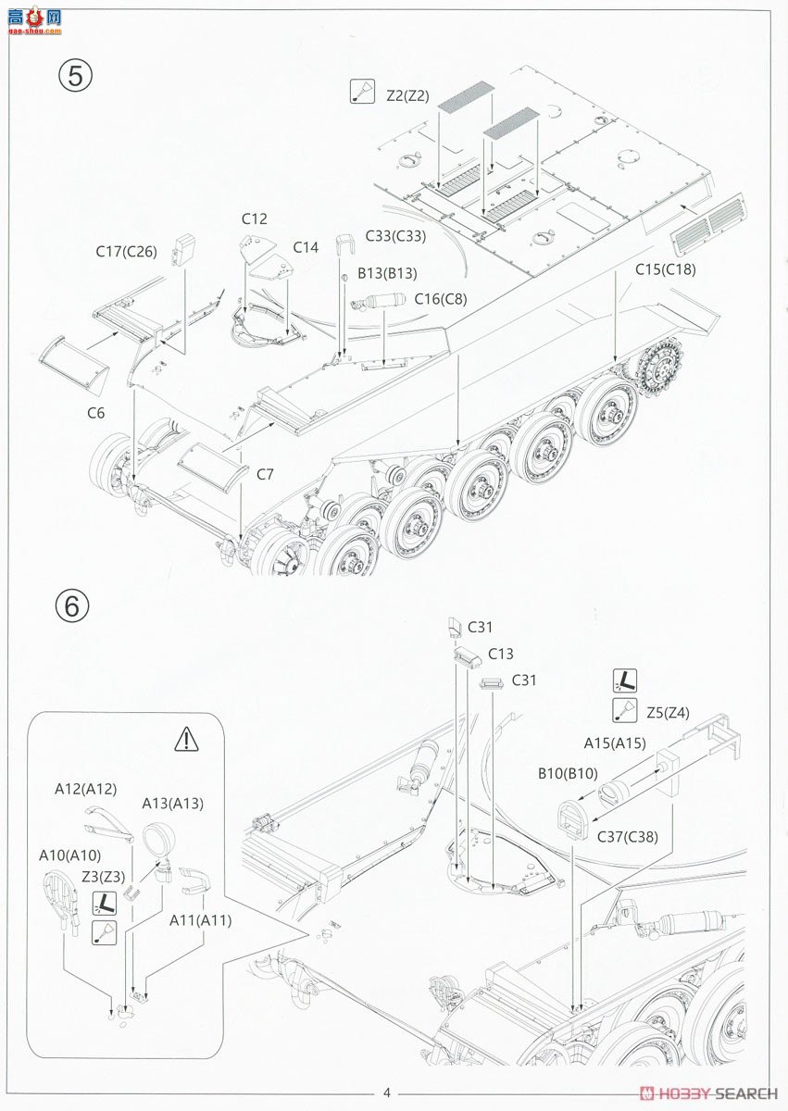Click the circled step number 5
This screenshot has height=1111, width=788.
click(75, 76)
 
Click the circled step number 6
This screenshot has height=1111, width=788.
click(72, 605)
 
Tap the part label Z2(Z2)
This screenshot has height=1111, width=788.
click(407, 95)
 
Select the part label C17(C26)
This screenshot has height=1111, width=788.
click(127, 252)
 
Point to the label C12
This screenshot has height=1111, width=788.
click(255, 218)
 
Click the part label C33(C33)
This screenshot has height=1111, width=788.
click(395, 235)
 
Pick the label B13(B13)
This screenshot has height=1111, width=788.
click(387, 273)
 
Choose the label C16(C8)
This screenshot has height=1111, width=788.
click(441, 299)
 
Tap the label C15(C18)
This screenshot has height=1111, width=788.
click(666, 269)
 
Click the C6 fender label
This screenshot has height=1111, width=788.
click(95, 413)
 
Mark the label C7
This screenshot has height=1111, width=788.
click(265, 475)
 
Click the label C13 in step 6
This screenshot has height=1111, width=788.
click(501, 654)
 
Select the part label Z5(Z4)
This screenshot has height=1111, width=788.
click(668, 713)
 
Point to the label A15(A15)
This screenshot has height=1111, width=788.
click(615, 743)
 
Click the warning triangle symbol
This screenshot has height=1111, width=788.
click(186, 739)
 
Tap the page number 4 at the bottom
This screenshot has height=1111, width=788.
click(387, 1092)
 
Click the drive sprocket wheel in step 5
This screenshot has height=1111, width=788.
click(658, 368)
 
